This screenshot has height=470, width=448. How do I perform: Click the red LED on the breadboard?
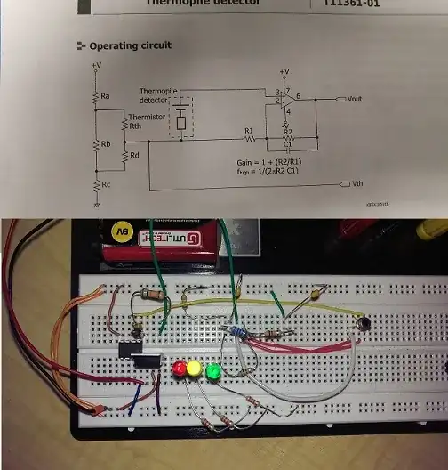tap(180, 367)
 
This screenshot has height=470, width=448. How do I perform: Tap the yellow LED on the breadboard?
tap(196, 367)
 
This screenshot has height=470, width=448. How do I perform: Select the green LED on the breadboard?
tap(212, 369)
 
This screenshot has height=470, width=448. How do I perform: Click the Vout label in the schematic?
tap(354, 99)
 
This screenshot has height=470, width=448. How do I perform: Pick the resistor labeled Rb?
tap(96, 143)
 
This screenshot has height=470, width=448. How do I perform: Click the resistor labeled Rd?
tap(124, 156)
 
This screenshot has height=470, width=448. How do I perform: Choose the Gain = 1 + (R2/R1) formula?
tap(271, 162)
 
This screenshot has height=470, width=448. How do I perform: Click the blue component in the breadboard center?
tap(236, 331)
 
